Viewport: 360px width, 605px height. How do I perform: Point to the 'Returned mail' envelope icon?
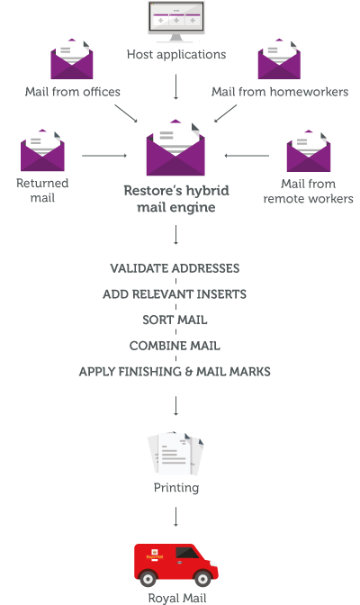tap(43, 151)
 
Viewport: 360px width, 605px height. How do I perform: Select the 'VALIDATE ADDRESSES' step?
tap(175, 269)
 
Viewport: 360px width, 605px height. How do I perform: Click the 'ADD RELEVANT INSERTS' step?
tap(175, 294)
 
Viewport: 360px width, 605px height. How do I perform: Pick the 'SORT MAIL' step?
tap(175, 320)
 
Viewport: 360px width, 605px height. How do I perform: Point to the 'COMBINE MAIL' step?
tap(175, 346)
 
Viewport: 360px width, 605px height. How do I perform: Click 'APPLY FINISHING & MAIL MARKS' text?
tap(175, 371)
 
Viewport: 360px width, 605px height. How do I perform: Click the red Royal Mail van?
tap(175, 563)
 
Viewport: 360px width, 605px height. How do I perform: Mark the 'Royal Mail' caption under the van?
tap(175, 596)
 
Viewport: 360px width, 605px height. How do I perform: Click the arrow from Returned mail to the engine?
tap(104, 157)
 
